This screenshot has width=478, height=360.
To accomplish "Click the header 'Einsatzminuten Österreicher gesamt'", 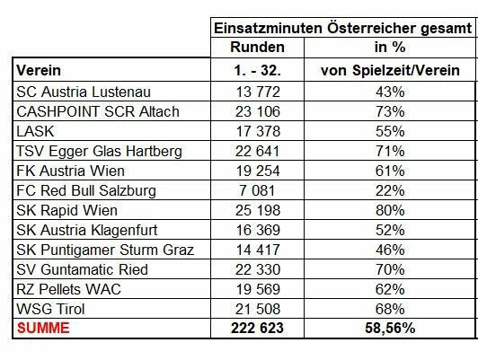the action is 342,29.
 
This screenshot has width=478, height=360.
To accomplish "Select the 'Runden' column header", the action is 257,48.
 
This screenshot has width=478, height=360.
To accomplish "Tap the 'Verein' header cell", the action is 39,70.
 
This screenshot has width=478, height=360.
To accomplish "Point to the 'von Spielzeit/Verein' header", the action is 390,70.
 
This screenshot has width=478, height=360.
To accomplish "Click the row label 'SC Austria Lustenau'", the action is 84,92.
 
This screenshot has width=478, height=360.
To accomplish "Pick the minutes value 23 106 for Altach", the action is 258,111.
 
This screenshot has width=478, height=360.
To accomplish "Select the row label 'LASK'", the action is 35,131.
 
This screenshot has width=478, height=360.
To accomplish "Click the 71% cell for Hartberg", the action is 390,151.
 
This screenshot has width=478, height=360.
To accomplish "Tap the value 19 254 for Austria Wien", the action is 258,171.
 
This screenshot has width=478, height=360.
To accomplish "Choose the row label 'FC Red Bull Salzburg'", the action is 86,191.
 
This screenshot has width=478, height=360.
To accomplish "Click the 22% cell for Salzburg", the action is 390,190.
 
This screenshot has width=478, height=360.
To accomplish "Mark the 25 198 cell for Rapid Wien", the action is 258,210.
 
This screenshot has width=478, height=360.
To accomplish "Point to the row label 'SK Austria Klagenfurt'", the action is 87,230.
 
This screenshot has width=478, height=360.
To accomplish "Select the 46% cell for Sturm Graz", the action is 390,250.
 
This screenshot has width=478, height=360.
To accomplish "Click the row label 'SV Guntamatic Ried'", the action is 83,269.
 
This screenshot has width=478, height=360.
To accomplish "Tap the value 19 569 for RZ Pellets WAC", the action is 258,289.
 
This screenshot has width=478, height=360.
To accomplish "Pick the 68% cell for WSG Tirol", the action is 390,309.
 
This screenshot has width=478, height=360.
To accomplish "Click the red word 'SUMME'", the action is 43,329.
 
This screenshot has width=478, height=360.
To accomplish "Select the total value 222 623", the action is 257,329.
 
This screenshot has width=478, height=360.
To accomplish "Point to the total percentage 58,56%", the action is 390,329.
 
